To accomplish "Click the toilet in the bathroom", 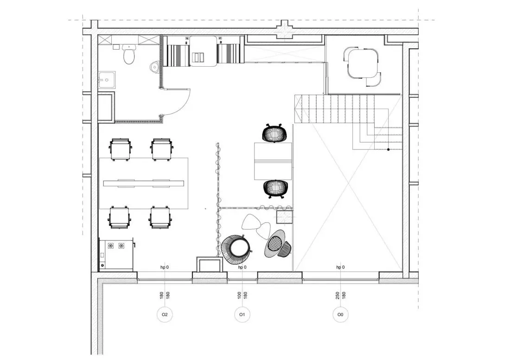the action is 129,55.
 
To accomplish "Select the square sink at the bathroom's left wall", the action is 106,80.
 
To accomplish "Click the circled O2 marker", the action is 165,315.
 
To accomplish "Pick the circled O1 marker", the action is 242,315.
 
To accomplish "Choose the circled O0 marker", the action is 340,315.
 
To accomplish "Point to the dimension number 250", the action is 338,295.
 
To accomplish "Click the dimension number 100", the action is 240,295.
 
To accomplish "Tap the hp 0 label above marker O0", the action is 341,267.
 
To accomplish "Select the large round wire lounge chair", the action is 236,249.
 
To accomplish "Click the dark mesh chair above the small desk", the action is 275,133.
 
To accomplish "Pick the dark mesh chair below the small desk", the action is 275,189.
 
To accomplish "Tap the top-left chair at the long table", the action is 121,149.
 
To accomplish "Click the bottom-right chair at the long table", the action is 160,217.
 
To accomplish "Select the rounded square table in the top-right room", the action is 363,63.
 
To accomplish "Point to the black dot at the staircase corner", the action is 389,150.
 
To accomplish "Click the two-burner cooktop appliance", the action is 116,254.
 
